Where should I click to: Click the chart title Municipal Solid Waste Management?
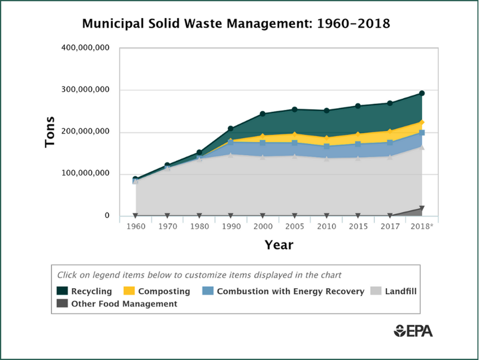tap(236, 24)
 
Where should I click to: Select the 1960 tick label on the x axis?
tap(136, 227)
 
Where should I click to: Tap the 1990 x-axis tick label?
tap(230, 227)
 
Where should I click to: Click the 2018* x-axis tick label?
tap(422, 227)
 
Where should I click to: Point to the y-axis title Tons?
tap(50, 132)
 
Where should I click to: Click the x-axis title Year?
tap(279, 245)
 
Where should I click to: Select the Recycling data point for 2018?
tap(422, 93)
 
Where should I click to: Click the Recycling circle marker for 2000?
tap(263, 114)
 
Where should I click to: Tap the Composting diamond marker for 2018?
tap(422, 123)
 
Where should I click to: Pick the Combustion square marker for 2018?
tap(422, 133)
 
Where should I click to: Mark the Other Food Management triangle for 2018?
tap(422, 209)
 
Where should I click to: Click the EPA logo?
tap(413, 331)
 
